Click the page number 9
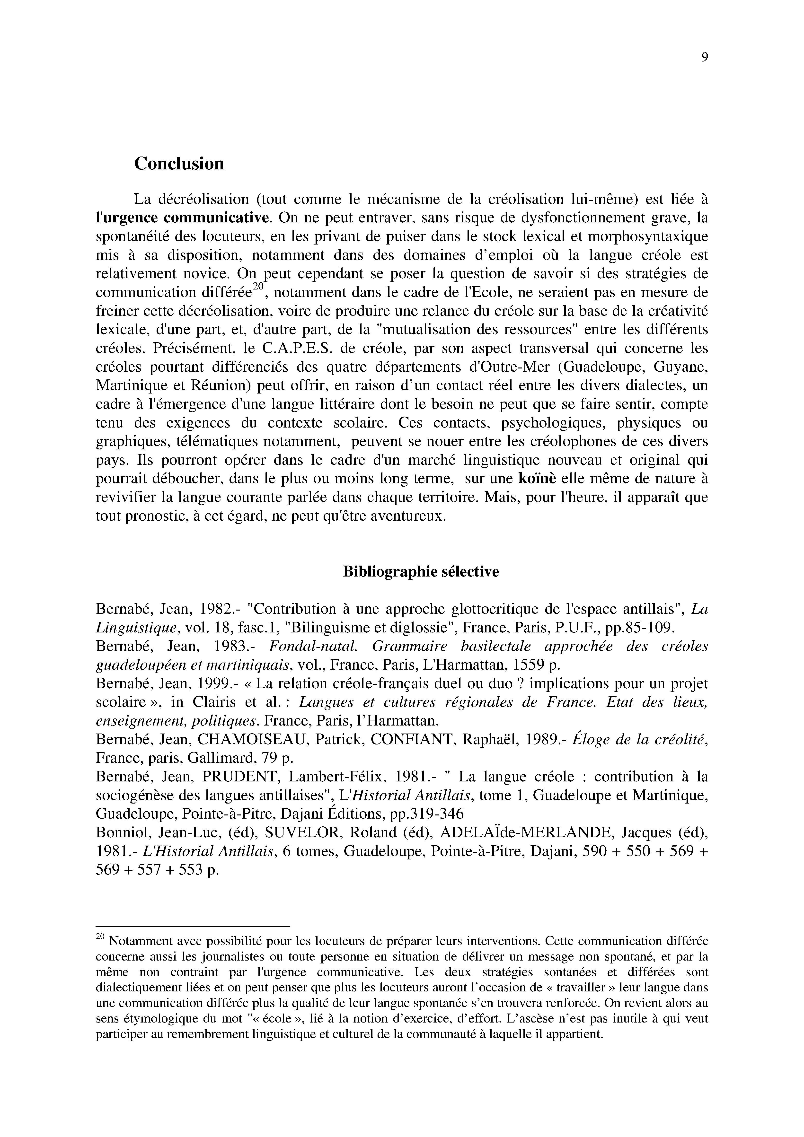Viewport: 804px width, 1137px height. (x=704, y=57)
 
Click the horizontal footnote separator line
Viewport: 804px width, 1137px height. (x=192, y=926)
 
